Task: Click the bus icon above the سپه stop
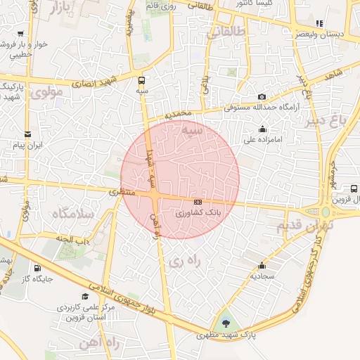pos(143,80)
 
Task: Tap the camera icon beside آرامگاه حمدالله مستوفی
pos(262,96)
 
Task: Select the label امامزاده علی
pos(262,139)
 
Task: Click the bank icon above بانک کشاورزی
pos(198,202)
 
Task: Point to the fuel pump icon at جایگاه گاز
pos(37,268)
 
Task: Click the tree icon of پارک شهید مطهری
pos(226,323)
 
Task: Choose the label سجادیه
pos(262,276)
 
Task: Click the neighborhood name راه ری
pos(185,262)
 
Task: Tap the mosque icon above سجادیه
pos(262,266)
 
